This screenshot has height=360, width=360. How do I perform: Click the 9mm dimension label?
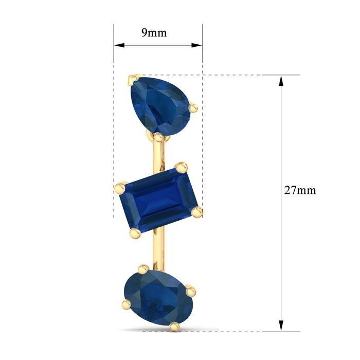pyautogui.click(x=154, y=33)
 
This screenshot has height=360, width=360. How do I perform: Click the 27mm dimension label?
pyautogui.click(x=300, y=190)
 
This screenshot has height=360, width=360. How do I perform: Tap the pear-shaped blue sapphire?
pyautogui.click(x=160, y=106)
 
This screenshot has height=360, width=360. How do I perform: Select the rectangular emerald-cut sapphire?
pyautogui.click(x=158, y=201)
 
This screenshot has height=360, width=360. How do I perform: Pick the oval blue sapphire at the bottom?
pyautogui.click(x=158, y=298)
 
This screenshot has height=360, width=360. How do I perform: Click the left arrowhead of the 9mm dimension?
pyautogui.click(x=119, y=45)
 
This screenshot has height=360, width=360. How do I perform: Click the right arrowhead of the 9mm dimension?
pyautogui.click(x=197, y=45)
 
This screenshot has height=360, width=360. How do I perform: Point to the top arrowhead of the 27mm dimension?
pyautogui.click(x=281, y=81)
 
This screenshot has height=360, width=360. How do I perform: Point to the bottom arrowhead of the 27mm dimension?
pyautogui.click(x=281, y=326)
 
